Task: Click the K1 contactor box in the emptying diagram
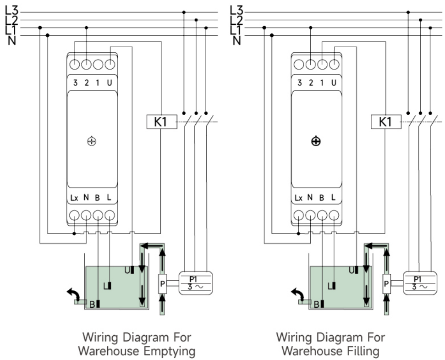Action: (x=162, y=122)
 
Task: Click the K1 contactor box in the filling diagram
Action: (x=386, y=122)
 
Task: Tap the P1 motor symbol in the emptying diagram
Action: (x=196, y=283)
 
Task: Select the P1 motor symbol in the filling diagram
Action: (x=420, y=283)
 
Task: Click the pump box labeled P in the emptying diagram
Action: (x=162, y=284)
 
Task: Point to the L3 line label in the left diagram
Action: (x=11, y=11)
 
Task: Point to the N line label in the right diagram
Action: (x=236, y=41)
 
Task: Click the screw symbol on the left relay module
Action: (x=92, y=141)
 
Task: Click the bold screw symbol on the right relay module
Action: (x=316, y=141)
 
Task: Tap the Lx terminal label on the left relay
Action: (x=74, y=198)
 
